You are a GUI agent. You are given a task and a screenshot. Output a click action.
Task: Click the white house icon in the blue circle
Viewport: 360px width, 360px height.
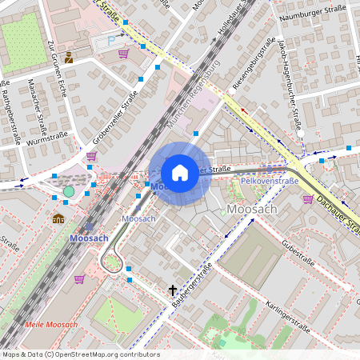[x=180, y=172]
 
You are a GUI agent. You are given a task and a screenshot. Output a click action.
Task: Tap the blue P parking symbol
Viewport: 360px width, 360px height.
[x=110, y=41]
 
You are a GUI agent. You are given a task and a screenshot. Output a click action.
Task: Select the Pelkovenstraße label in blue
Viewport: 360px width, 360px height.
[x=270, y=182]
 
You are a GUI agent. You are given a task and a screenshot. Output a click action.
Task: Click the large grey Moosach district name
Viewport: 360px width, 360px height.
[x=253, y=209]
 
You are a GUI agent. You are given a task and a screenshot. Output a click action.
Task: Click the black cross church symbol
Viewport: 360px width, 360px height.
[x=172, y=290]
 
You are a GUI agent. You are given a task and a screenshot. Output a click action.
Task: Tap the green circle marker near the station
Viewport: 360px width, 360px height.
[x=69, y=191]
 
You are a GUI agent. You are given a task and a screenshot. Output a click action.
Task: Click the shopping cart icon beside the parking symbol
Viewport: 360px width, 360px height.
[x=123, y=54]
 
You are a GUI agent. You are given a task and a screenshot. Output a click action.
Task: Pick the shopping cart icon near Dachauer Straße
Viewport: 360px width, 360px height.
[x=308, y=199]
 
